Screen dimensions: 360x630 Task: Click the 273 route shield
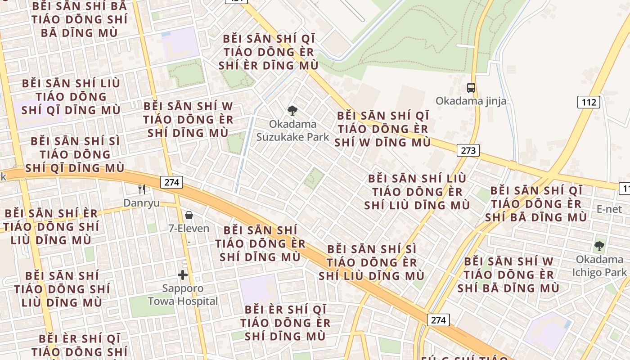468,150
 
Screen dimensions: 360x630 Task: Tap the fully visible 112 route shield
589,102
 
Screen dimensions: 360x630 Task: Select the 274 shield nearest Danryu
171,182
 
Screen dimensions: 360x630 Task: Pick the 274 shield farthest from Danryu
438,320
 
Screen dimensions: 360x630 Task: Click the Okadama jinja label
471,101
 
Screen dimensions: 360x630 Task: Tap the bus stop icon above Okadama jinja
471,88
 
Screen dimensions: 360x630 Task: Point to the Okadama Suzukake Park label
292,130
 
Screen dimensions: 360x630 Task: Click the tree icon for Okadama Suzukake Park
292,110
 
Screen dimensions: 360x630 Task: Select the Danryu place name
141,203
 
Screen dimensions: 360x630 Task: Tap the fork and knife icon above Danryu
142,189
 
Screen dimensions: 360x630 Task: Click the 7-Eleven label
189,229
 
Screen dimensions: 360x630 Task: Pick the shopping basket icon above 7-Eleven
189,215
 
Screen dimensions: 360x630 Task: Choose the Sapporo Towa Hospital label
183,295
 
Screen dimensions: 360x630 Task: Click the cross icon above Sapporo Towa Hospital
183,275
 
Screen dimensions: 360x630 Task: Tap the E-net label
609,209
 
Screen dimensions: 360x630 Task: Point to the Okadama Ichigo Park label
599,266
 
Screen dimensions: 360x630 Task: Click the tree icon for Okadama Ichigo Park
599,246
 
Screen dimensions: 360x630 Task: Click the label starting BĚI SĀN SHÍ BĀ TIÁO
79,20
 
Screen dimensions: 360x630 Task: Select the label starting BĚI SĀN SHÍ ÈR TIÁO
51,226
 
